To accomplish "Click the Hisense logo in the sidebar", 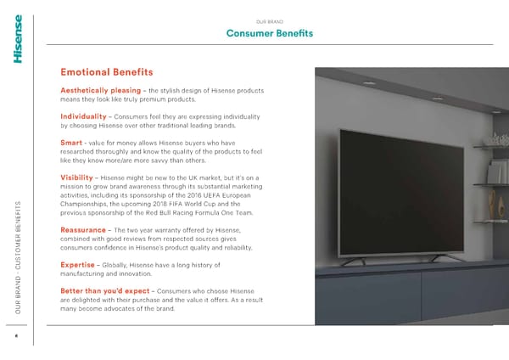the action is tap(18, 39).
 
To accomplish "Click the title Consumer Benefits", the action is tap(270, 33).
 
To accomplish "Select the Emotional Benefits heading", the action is tap(107, 72).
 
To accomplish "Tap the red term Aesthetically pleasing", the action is tap(101, 90).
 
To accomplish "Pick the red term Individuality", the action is tap(83, 116).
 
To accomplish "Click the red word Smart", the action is tap(71, 143).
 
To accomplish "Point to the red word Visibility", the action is tap(76, 177).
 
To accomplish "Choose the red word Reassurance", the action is tap(83, 230).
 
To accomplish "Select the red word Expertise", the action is tap(77, 265).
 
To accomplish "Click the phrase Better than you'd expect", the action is tap(105, 290).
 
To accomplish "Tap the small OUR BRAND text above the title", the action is tap(270, 22).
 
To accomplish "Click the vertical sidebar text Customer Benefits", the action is tap(18, 235).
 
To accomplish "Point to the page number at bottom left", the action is tap(17, 335).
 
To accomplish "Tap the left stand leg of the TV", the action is tap(353, 261).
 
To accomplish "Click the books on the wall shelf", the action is tap(496, 172).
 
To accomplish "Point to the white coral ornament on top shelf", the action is tap(498, 140).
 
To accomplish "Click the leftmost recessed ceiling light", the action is tap(369, 83).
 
